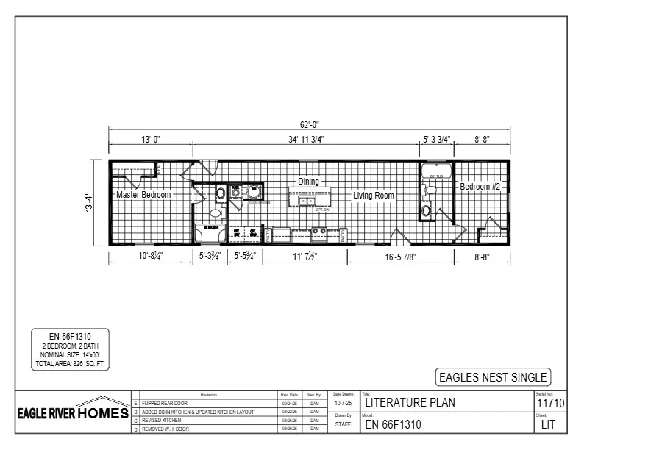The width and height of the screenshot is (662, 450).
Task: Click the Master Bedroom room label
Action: [143, 195]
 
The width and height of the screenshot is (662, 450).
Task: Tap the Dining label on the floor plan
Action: [308, 182]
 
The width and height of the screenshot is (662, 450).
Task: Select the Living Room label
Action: [373, 196]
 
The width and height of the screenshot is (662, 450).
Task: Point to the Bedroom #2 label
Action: [480, 187]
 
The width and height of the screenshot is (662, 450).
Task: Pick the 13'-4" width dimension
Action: [88, 204]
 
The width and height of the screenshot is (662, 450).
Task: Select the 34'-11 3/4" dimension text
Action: [306, 139]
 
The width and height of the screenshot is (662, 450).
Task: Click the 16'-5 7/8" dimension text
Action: [401, 257]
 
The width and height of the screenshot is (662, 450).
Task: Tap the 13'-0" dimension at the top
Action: [151, 139]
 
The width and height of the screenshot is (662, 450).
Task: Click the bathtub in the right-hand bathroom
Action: [436, 173]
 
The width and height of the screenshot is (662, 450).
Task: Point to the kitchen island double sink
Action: [307, 200]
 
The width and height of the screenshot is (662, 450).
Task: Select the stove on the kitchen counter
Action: [319, 231]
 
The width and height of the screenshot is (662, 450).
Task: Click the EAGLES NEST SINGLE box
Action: [493, 377]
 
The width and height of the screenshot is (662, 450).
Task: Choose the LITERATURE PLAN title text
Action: [410, 402]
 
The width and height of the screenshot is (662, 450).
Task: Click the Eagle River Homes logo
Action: [73, 413]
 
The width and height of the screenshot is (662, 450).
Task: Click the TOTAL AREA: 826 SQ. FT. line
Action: [71, 364]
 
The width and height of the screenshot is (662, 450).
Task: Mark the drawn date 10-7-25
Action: [344, 403]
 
